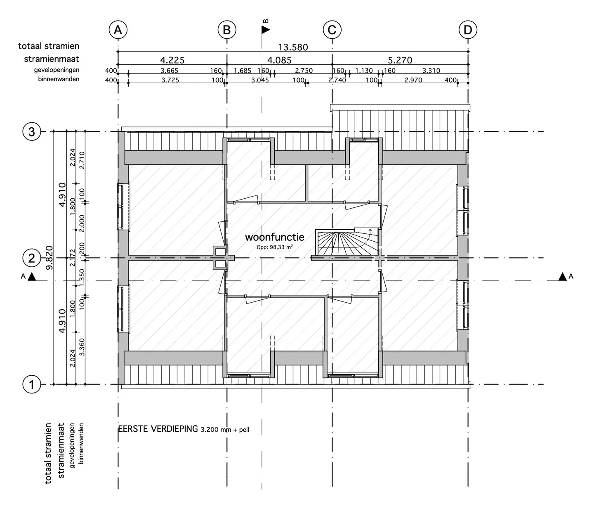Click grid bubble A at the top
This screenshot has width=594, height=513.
[x=118, y=30]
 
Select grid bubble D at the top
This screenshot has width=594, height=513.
[x=467, y=30]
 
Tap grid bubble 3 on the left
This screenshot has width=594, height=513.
[x=32, y=132]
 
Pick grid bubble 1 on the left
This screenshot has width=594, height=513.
[x=32, y=384]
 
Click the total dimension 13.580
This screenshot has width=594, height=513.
[x=293, y=47]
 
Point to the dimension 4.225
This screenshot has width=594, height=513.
[x=172, y=60]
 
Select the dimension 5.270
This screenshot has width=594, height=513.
[x=400, y=60]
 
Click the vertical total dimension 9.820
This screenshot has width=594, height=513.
[x=49, y=258]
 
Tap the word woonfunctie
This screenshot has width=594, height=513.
[x=274, y=237]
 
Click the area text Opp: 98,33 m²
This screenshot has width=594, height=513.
[x=275, y=247]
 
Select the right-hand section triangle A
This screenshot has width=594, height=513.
[x=562, y=277]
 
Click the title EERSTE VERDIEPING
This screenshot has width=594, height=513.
[x=158, y=429]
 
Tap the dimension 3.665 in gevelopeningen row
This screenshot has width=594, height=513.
[x=169, y=71]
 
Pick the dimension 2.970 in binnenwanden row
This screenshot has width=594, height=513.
[x=413, y=80]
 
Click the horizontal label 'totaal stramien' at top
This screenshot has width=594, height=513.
[x=49, y=46]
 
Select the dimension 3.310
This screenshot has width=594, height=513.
[x=431, y=71]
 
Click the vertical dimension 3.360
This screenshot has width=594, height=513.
[x=82, y=347]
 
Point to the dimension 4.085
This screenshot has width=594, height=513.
[x=279, y=60]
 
